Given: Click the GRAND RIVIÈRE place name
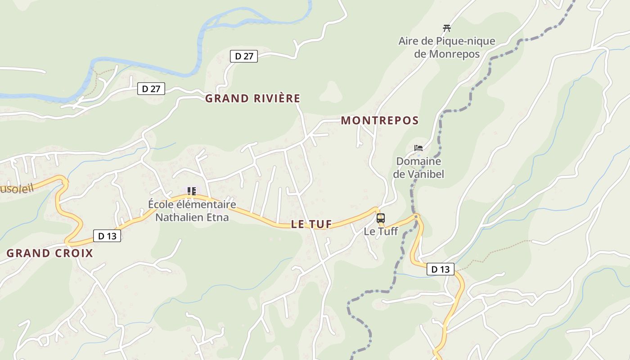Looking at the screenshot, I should pos(252,99).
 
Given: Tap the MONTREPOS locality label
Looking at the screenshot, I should pos(380,121).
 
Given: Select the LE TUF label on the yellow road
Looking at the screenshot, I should pos(311,224).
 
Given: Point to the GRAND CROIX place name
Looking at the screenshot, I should pos(49,253).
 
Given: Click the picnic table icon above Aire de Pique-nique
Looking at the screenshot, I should pos(446,28).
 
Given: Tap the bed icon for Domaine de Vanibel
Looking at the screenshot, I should pos(418,148).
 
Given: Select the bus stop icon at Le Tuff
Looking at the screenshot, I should pos(381,218).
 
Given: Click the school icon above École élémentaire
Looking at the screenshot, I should pos(192,191).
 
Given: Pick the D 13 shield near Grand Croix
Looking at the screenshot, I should pos(107,236).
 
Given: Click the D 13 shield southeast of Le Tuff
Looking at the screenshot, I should pos(440,269).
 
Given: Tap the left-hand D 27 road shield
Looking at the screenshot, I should pos(151,89).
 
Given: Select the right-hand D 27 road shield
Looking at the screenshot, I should pos(244,56).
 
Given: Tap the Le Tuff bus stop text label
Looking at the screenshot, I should pos(381,232).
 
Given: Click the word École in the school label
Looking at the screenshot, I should pos(160,205).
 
